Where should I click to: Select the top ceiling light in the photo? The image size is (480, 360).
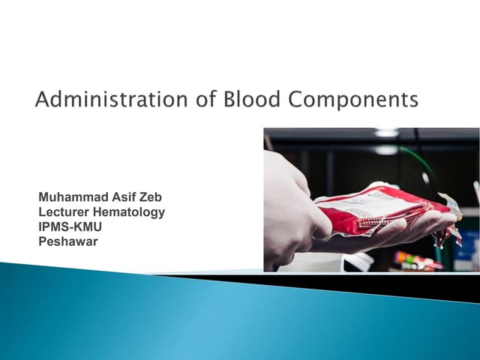[x=386, y=133]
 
